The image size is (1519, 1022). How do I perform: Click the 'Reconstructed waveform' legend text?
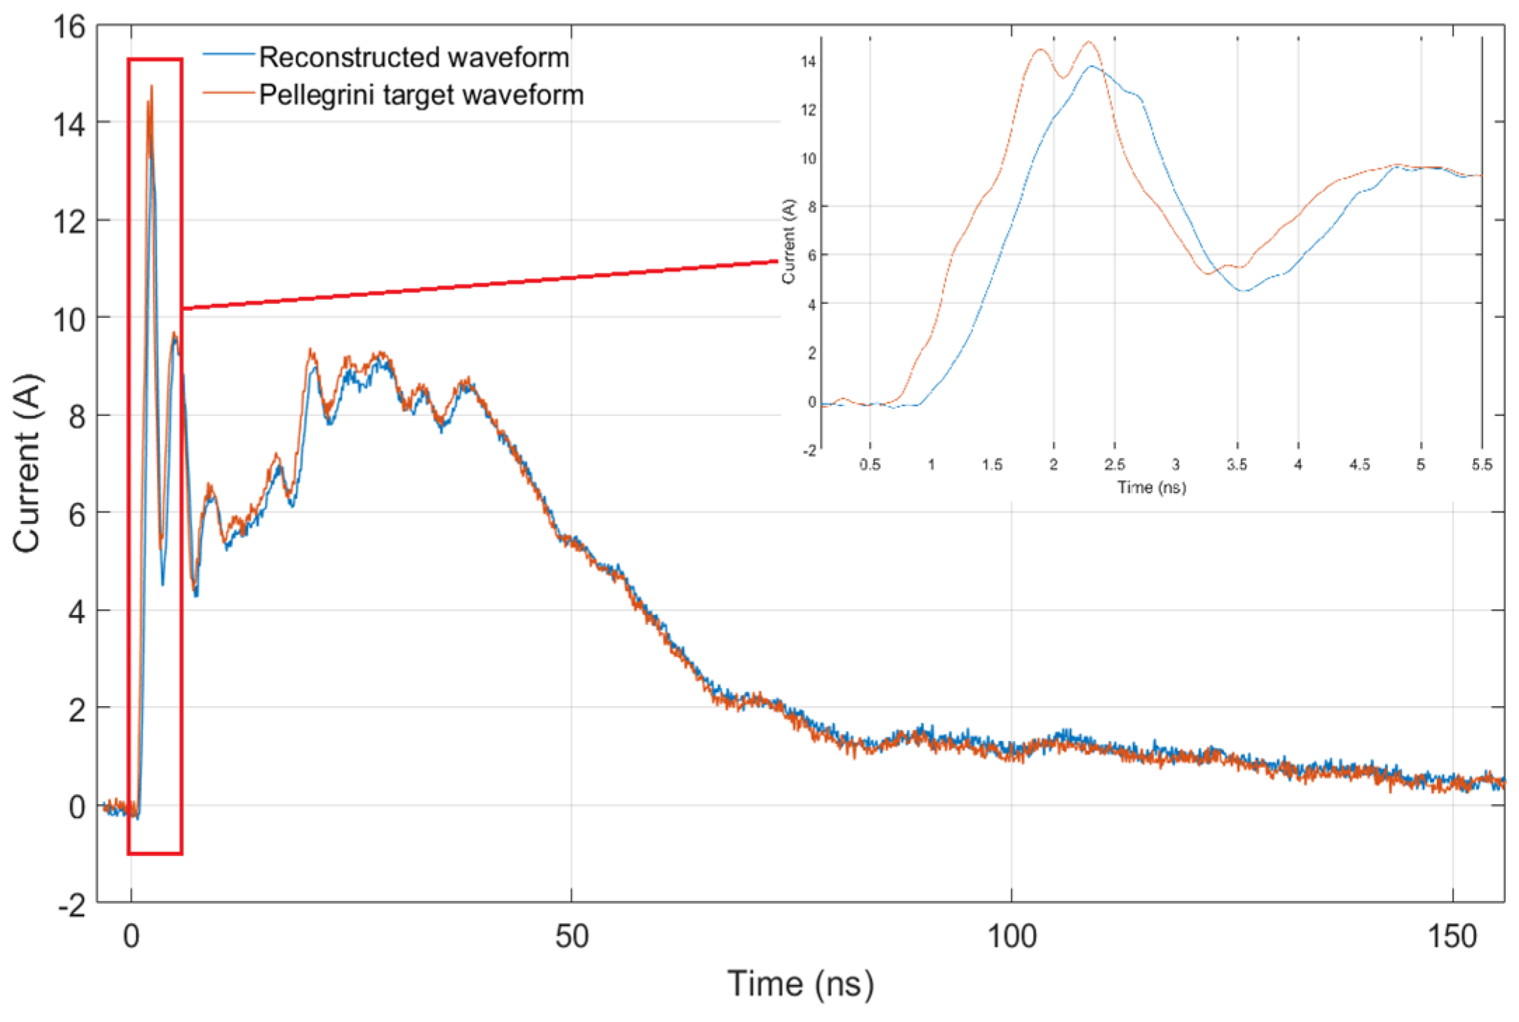(x=413, y=57)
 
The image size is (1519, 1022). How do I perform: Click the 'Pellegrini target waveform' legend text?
(x=421, y=95)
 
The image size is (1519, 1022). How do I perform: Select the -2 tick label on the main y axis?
(x=71, y=905)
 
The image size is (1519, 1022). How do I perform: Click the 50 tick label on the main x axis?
(x=571, y=936)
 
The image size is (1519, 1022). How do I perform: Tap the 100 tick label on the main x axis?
(x=1011, y=936)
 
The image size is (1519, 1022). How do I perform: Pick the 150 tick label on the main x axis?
(x=1452, y=936)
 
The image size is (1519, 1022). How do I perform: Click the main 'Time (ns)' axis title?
(x=800, y=983)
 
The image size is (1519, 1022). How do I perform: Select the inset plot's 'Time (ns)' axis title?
(x=1151, y=487)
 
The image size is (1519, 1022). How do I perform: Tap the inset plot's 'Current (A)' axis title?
(x=789, y=241)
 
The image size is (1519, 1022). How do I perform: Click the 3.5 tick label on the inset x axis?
(x=1237, y=464)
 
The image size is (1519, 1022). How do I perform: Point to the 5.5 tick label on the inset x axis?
(x=1481, y=464)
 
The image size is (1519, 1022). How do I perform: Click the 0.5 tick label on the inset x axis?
(x=870, y=464)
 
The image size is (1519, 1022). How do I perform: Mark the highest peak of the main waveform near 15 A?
(x=151, y=87)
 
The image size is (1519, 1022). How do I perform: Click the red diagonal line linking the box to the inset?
(x=480, y=284)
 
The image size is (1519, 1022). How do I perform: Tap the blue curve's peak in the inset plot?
(x=1091, y=66)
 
